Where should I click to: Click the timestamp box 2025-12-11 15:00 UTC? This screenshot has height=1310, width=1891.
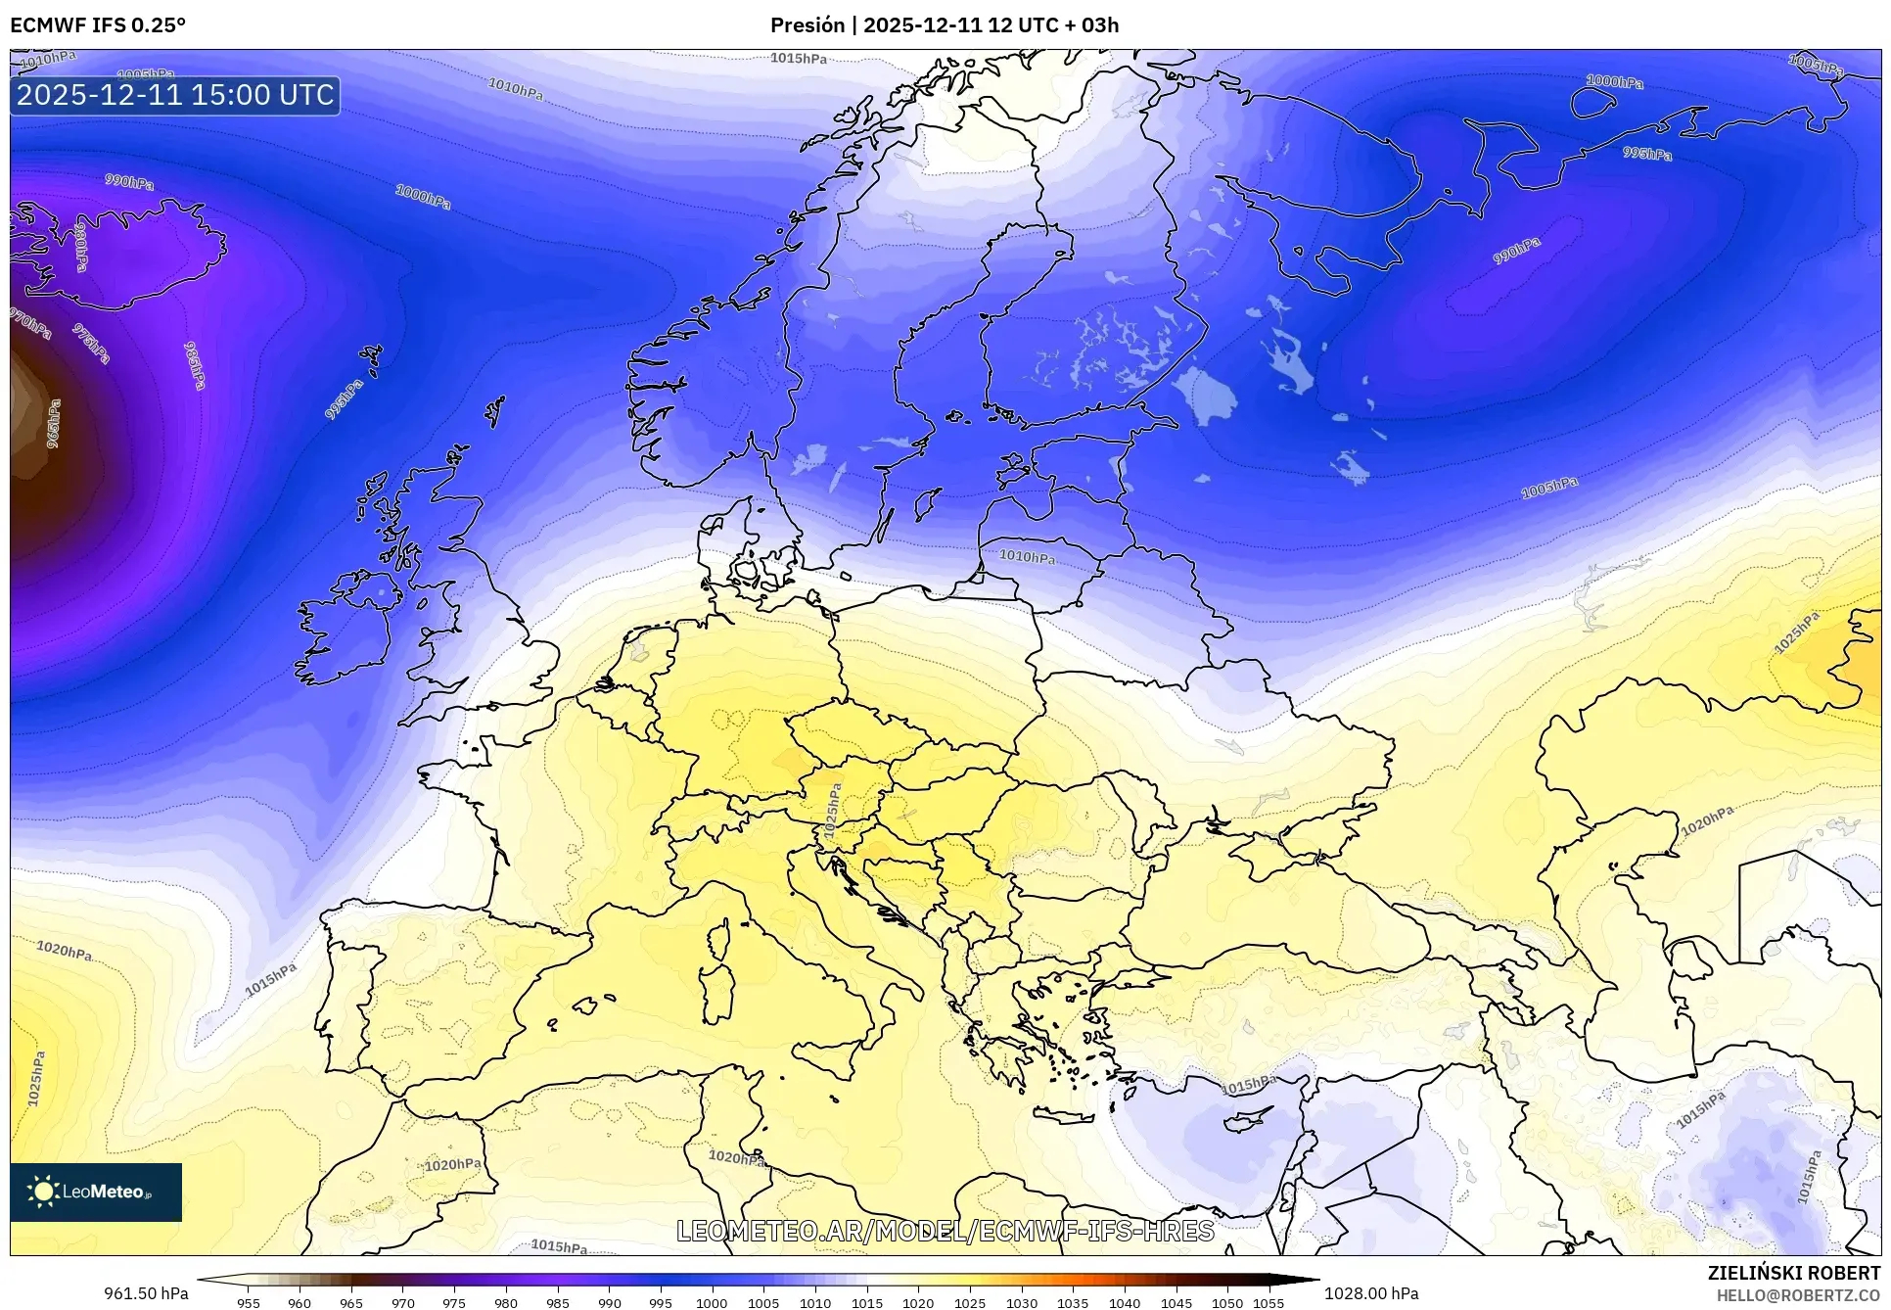click(175, 95)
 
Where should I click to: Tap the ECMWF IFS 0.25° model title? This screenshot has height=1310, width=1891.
click(97, 25)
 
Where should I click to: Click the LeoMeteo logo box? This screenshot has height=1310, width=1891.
click(96, 1192)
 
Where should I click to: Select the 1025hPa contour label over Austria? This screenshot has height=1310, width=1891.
click(832, 811)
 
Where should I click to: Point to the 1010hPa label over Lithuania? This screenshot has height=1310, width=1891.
click(1027, 557)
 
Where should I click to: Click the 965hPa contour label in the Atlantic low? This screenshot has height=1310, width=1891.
click(54, 423)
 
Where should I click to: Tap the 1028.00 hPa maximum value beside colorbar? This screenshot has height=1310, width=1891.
click(1370, 1293)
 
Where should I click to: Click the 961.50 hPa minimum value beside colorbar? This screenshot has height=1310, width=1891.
click(146, 1293)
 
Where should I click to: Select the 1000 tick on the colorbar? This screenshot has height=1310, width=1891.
click(712, 1303)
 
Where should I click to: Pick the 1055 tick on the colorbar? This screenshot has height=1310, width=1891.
click(1268, 1303)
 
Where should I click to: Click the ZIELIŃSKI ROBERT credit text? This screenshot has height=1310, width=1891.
click(1793, 1273)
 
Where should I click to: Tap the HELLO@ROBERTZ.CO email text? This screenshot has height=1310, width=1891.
click(1797, 1295)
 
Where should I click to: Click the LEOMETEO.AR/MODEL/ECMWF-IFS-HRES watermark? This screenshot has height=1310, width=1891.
click(945, 1231)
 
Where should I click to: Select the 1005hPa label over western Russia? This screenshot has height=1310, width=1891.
click(1548, 487)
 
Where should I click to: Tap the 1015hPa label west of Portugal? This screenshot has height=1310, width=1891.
click(270, 979)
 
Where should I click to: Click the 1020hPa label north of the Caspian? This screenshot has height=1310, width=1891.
click(1707, 819)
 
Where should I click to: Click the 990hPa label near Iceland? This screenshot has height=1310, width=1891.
click(129, 182)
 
